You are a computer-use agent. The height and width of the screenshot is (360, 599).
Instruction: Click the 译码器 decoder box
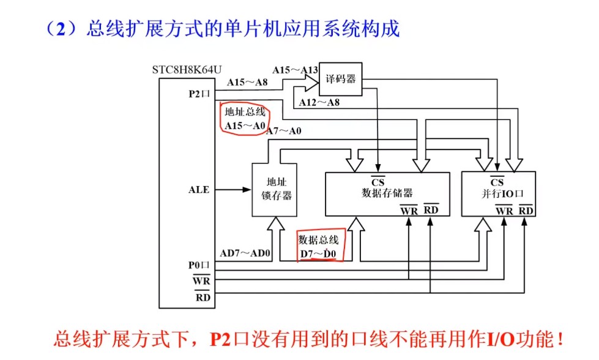coord(340,80)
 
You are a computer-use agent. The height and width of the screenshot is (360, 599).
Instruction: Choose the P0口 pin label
coord(199,265)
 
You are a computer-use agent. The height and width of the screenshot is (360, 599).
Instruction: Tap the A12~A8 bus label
coord(319,102)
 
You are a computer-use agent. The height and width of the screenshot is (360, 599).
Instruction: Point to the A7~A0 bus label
coord(284,130)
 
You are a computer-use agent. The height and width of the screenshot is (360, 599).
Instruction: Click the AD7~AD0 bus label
coord(245,253)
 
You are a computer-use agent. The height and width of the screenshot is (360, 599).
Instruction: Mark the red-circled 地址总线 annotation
coord(244,119)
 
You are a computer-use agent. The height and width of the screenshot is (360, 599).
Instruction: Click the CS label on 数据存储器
coord(378,182)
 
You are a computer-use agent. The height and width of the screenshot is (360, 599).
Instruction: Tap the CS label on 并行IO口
coord(497,182)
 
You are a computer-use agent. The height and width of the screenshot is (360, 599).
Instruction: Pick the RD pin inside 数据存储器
coord(431,211)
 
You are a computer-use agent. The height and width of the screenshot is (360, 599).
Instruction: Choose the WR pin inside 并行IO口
coord(504,211)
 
